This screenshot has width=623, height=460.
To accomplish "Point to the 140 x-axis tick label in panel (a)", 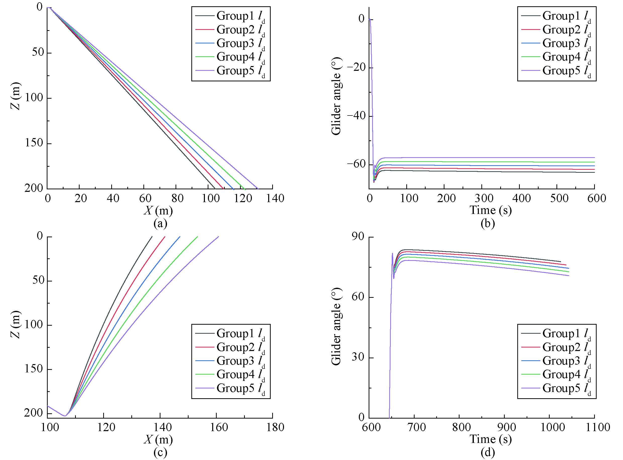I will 275,199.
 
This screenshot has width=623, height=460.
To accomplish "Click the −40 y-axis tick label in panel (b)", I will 356,116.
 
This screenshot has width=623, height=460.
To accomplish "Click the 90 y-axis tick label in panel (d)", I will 358,237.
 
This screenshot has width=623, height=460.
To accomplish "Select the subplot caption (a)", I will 160,223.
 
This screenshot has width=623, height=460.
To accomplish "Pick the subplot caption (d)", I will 488,452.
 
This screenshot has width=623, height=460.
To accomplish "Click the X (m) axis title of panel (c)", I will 158,440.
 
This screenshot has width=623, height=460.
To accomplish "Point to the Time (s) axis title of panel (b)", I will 490,210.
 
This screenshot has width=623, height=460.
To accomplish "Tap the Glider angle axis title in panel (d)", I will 336,326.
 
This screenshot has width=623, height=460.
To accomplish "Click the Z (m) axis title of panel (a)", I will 16,96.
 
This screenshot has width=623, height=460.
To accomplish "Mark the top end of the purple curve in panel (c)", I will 219,237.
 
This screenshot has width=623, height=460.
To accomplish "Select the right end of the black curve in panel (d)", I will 560,262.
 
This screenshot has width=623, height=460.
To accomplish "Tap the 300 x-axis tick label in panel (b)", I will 484,199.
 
